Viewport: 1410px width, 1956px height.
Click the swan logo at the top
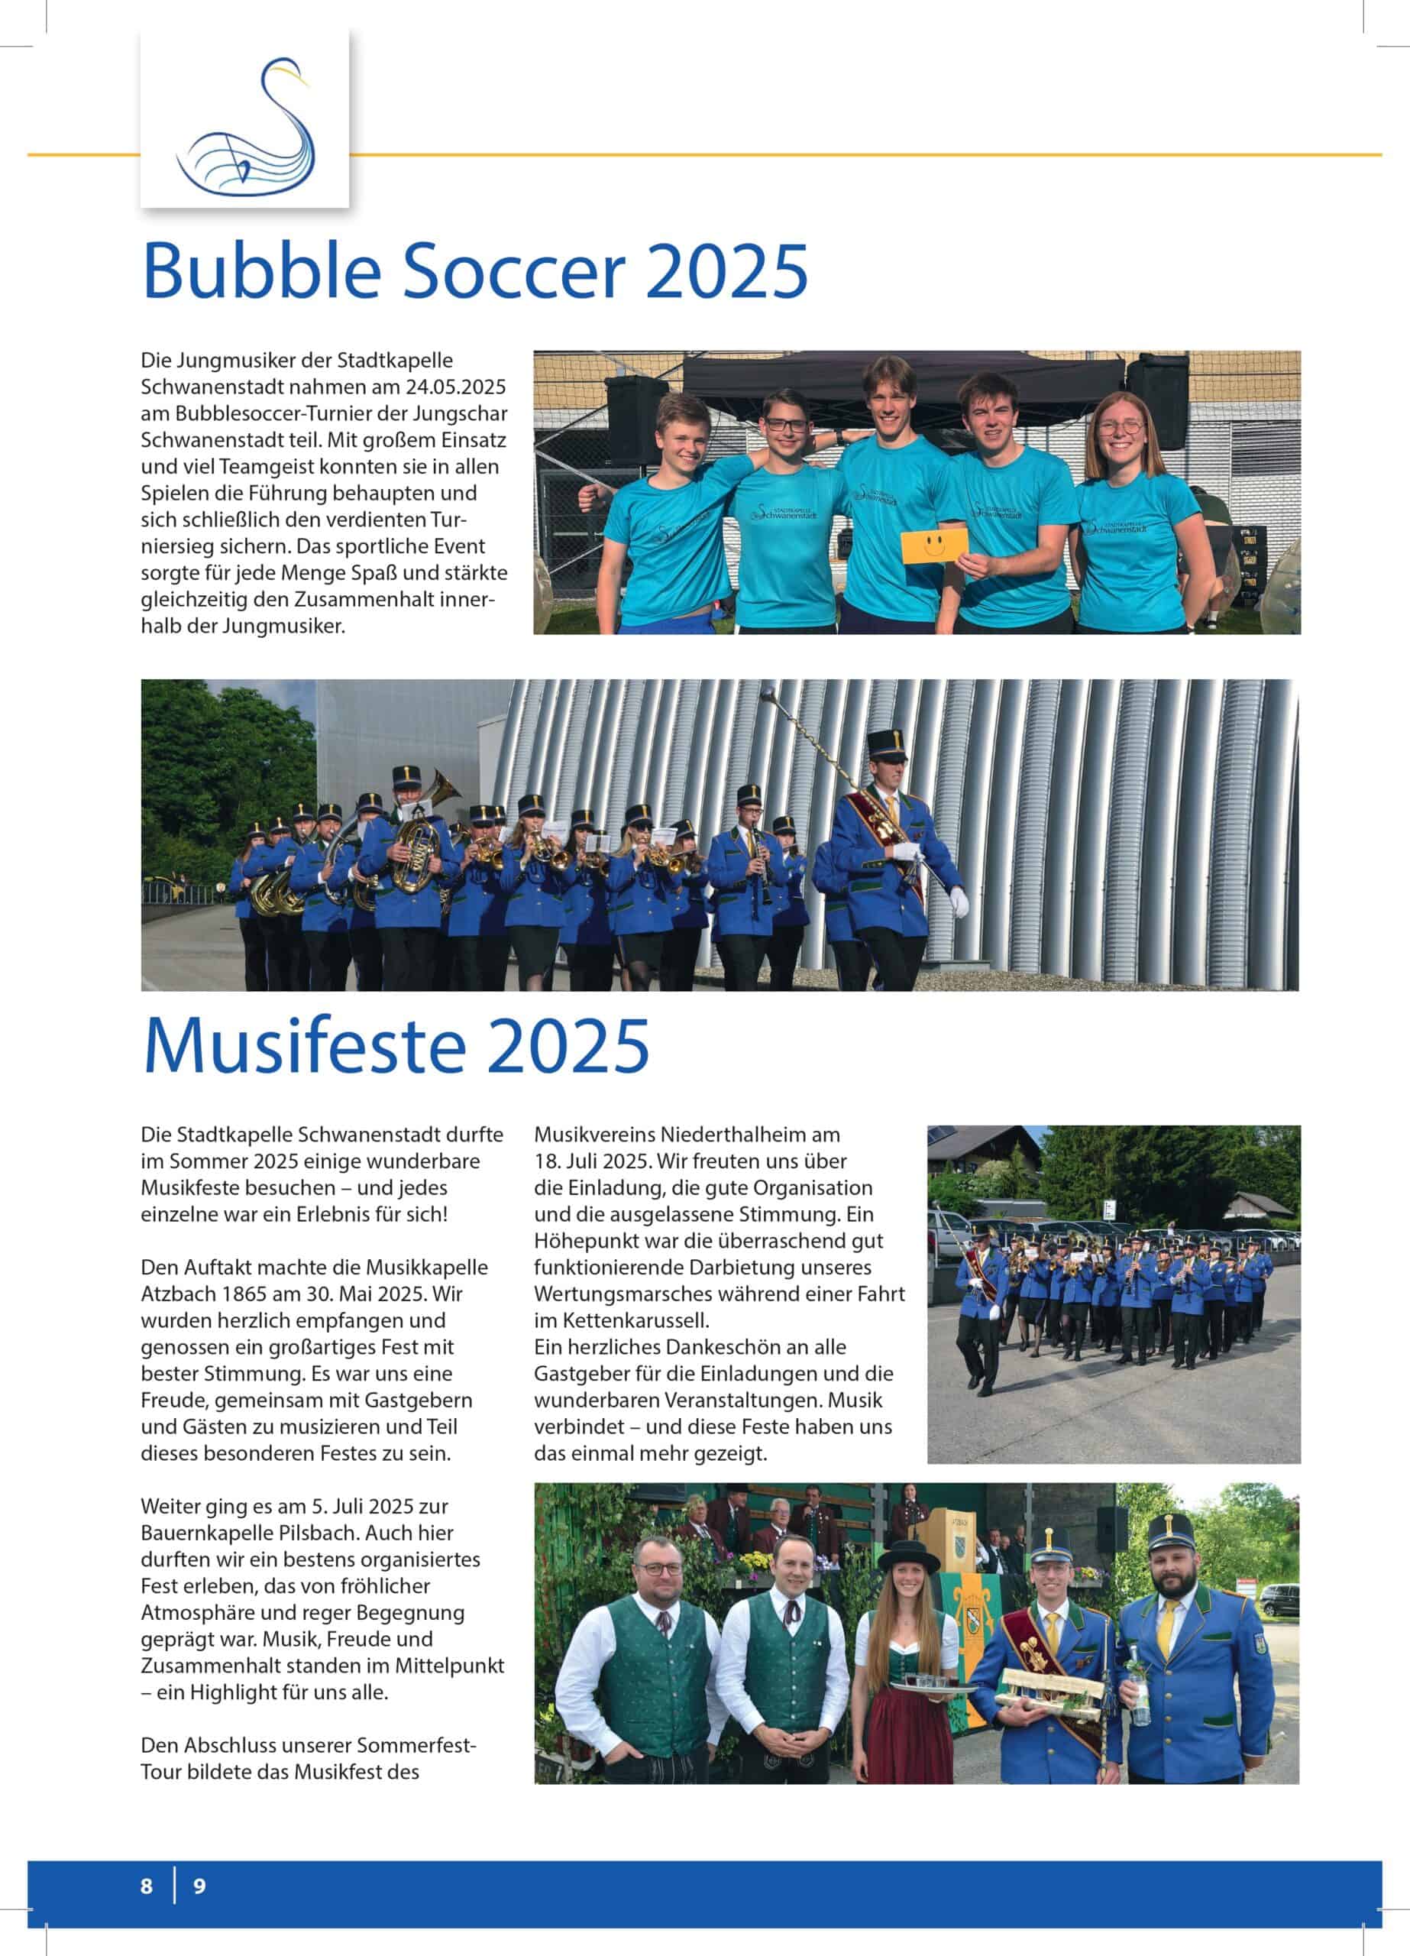(x=245, y=121)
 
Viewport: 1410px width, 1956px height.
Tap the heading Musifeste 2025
(x=396, y=1045)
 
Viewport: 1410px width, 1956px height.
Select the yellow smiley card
(x=934, y=545)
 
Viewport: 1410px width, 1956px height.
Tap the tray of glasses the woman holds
(x=930, y=1683)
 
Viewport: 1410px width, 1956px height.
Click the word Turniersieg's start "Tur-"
(x=454, y=520)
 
